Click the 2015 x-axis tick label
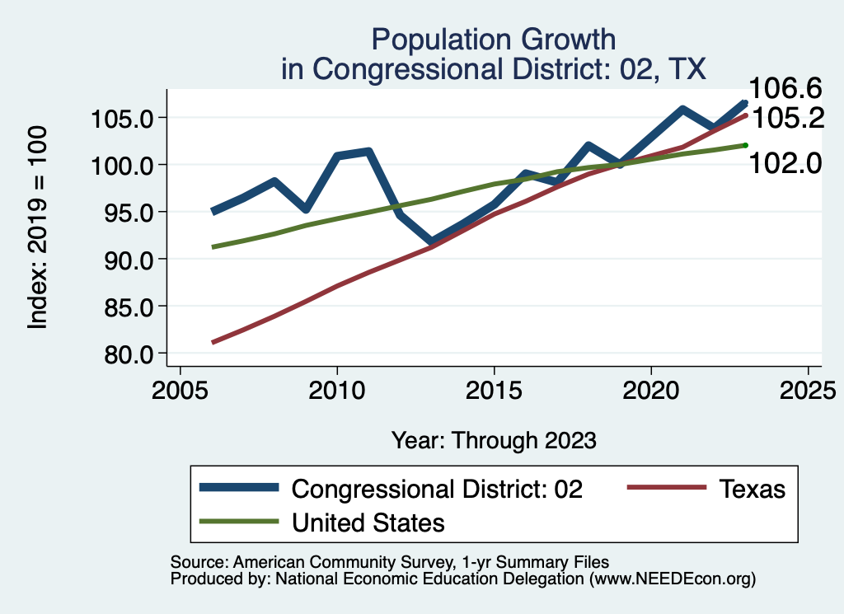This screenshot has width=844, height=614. [x=494, y=390]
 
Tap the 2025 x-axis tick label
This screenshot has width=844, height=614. [x=808, y=390]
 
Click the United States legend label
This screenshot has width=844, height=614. [x=368, y=522]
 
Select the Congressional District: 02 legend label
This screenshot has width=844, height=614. [x=438, y=489]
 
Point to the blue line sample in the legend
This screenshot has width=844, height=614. [x=239, y=488]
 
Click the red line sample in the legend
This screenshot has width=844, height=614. [x=666, y=488]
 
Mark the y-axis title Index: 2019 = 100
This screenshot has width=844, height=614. [x=38, y=228]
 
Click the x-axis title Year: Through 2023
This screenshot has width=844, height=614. [x=494, y=440]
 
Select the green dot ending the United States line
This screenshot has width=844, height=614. [x=745, y=145]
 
